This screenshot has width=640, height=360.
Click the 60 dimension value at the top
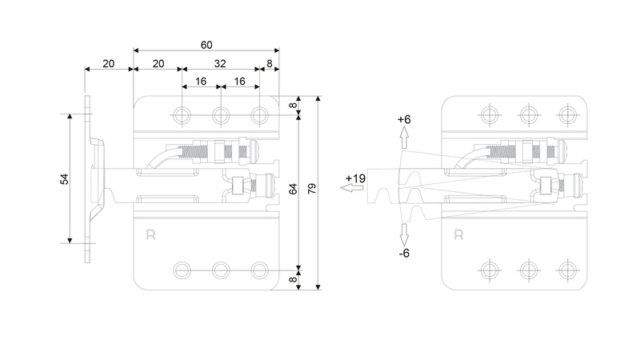click(x=206, y=45)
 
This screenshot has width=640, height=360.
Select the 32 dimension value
click(x=220, y=64)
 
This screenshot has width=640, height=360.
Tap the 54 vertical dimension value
click(x=65, y=179)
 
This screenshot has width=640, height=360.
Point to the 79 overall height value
click(x=312, y=189)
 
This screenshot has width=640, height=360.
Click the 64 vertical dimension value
click(x=293, y=189)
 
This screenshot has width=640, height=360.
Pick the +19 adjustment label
click(x=355, y=178)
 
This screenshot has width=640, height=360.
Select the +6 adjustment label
click(x=404, y=119)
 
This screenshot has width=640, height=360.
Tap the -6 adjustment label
click(x=404, y=254)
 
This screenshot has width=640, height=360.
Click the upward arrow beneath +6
click(x=404, y=138)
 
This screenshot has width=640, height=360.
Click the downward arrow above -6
click(x=404, y=234)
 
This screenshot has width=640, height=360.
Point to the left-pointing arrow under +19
click(x=352, y=188)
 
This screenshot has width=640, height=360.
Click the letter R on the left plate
click(x=150, y=235)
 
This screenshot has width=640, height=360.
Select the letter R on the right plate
click(x=458, y=235)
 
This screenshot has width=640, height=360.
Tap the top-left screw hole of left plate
click(x=182, y=115)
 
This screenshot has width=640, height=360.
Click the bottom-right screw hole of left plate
click(x=259, y=270)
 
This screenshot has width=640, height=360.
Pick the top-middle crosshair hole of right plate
click(x=529, y=115)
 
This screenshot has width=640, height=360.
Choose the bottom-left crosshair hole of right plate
click(x=490, y=270)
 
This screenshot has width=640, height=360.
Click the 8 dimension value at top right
click(x=270, y=64)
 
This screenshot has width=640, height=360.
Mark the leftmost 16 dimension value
click(x=201, y=82)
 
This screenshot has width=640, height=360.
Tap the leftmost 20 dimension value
click(x=109, y=64)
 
